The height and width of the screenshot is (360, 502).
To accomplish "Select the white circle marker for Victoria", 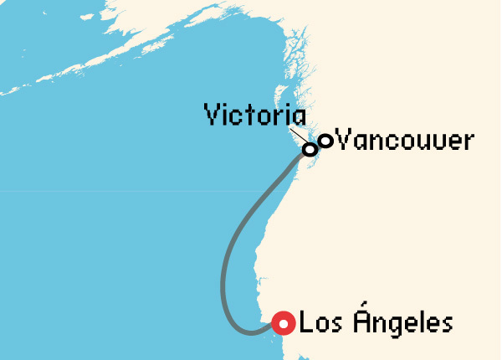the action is tap(310, 150).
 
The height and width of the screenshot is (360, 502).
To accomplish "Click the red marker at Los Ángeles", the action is tap(284, 322).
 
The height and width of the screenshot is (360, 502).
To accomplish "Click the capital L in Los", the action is tap(305, 322).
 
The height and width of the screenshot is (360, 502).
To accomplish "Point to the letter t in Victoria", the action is tap(248, 115).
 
